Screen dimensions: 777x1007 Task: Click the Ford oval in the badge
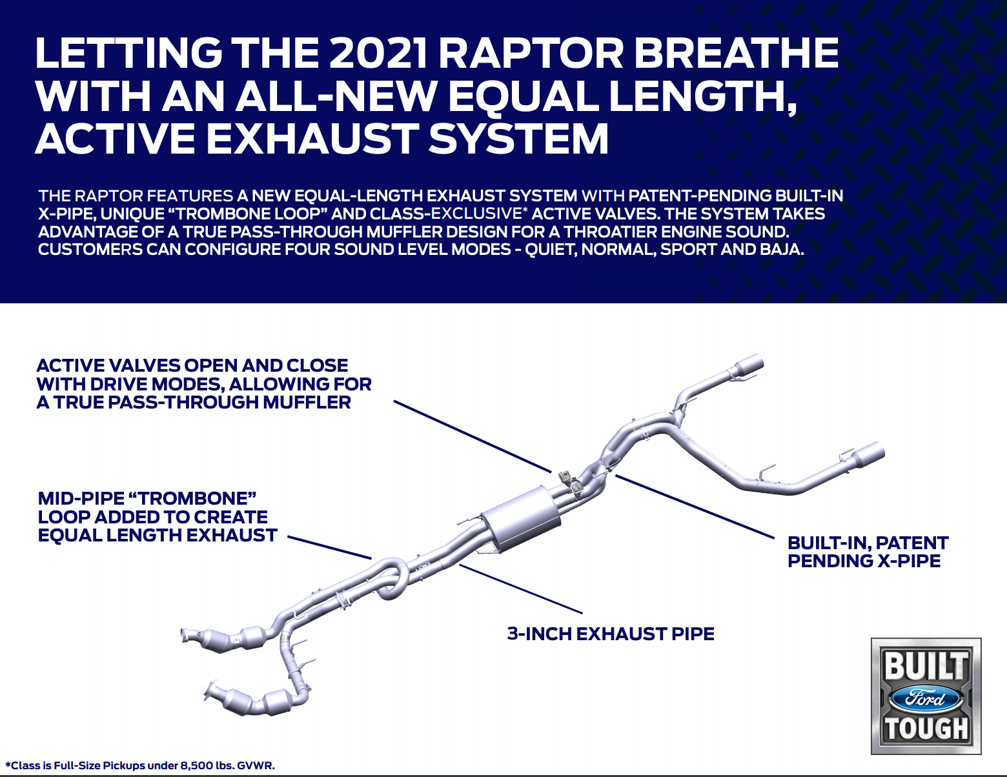(926, 698)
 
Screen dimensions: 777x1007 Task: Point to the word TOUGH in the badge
(926, 729)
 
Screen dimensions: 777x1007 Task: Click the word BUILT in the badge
(926, 666)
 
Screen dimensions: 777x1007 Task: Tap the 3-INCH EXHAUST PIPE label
(611, 634)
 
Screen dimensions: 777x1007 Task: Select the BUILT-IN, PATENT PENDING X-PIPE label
(868, 552)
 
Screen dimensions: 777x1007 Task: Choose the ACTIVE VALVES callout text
(203, 384)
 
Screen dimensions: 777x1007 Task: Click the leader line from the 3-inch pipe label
(520, 589)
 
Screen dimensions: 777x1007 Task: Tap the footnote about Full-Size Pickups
(140, 765)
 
